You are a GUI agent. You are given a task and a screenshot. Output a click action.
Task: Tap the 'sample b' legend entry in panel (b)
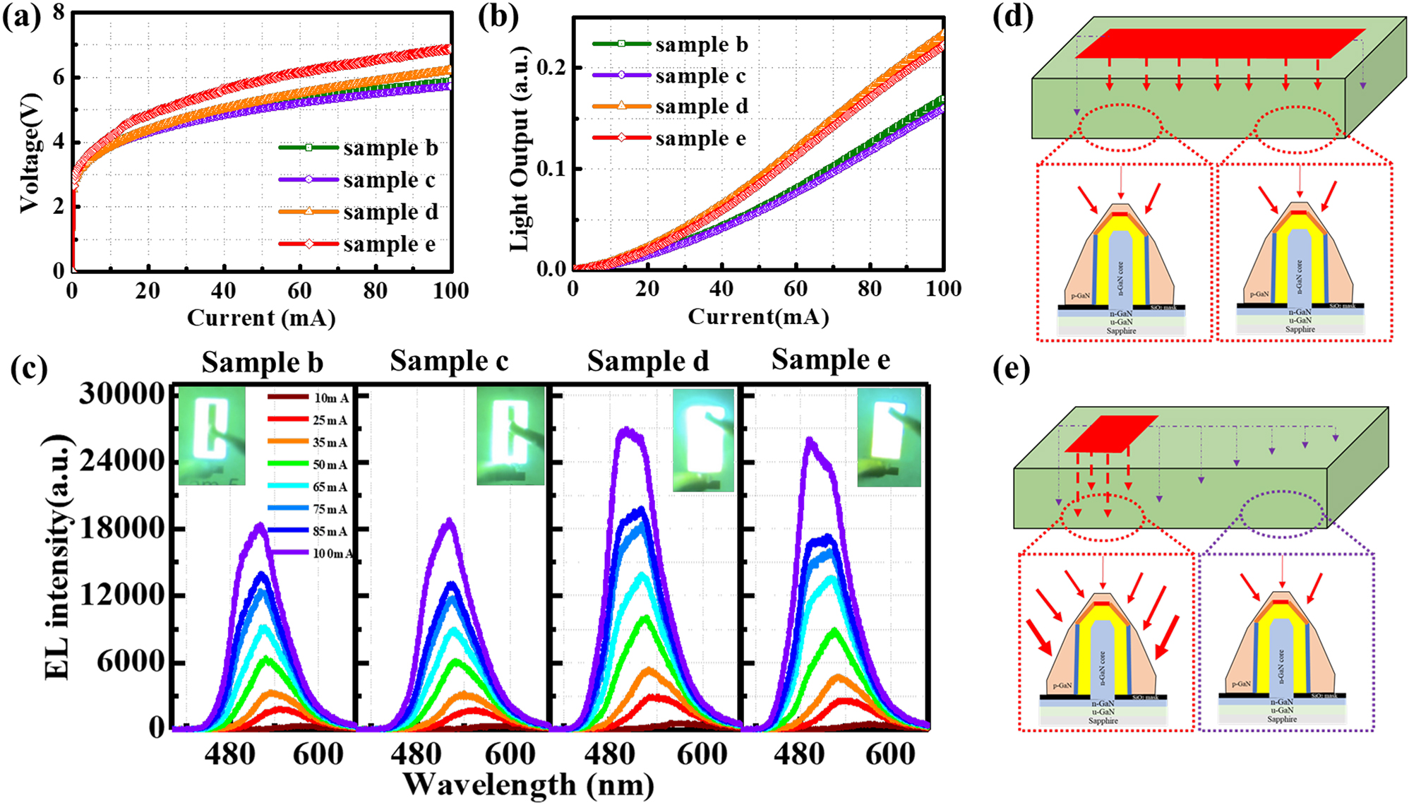tap(670, 44)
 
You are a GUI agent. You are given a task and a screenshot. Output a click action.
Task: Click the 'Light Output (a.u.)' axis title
tap(520, 148)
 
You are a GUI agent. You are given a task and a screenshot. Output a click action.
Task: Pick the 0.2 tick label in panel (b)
tap(550, 68)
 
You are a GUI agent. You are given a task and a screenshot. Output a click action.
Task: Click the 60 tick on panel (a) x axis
tap(299, 290)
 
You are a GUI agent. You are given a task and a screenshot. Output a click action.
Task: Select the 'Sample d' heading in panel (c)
tap(647, 362)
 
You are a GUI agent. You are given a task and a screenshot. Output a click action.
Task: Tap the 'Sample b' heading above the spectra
tap(262, 362)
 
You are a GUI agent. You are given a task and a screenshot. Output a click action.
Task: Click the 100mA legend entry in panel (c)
tap(311, 553)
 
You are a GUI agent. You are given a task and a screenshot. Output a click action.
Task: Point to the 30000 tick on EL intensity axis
tap(121, 394)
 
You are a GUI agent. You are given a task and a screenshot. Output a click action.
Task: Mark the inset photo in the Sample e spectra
tap(889, 438)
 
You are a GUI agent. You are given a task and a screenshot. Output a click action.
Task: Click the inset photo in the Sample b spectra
tap(212, 436)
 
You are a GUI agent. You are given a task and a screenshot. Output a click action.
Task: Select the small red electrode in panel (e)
tap(1110, 434)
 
